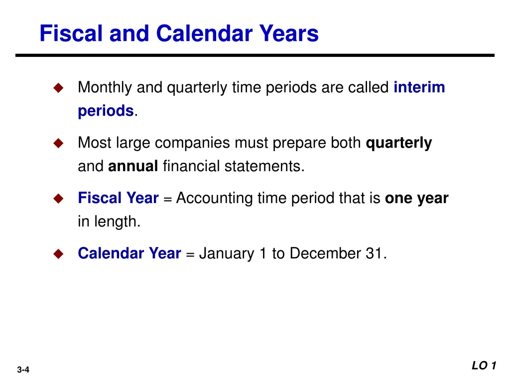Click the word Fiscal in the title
70,34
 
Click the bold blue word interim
419,88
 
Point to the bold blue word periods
105,111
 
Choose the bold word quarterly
399,143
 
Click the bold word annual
133,166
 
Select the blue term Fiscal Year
118,198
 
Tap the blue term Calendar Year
129,254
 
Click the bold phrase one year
417,198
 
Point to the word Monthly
105,88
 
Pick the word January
227,254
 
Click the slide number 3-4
23,370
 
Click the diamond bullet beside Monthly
59,88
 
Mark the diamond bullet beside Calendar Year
59,254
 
